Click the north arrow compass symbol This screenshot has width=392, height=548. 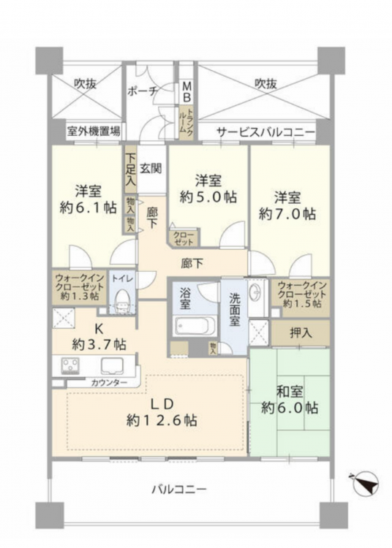point(366,484)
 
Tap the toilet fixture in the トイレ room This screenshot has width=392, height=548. point(122,301)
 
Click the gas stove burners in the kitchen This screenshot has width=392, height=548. point(70,365)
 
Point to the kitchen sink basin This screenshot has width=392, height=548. point(112,366)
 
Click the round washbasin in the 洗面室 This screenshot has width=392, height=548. point(255,292)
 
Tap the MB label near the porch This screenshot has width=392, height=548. point(187,91)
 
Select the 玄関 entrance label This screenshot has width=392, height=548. point(151,169)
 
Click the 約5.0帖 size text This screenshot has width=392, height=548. point(208,197)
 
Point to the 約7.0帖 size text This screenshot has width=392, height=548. point(287,213)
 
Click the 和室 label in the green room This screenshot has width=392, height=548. point(290,391)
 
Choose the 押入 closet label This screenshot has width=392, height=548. point(301,333)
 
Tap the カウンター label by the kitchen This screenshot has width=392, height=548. point(109,383)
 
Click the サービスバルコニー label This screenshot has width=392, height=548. point(265,132)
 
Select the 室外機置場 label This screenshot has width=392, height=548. point(94,132)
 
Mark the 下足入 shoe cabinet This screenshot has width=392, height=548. point(131,170)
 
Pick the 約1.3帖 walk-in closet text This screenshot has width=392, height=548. point(80,297)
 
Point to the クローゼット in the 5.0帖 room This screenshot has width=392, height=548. point(184,237)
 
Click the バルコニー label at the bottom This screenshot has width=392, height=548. point(178,489)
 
